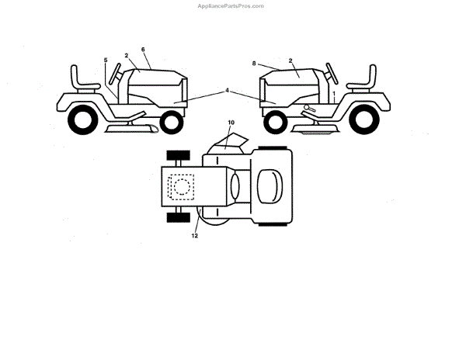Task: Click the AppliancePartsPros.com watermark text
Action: [x=232, y=5]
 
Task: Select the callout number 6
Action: [x=144, y=50]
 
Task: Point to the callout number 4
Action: [x=227, y=90]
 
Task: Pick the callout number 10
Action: [x=231, y=123]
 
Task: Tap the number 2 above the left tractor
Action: [x=126, y=55]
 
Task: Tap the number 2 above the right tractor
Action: [x=290, y=60]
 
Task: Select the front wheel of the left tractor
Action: [x=176, y=121]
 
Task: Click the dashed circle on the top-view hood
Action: [x=183, y=187]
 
